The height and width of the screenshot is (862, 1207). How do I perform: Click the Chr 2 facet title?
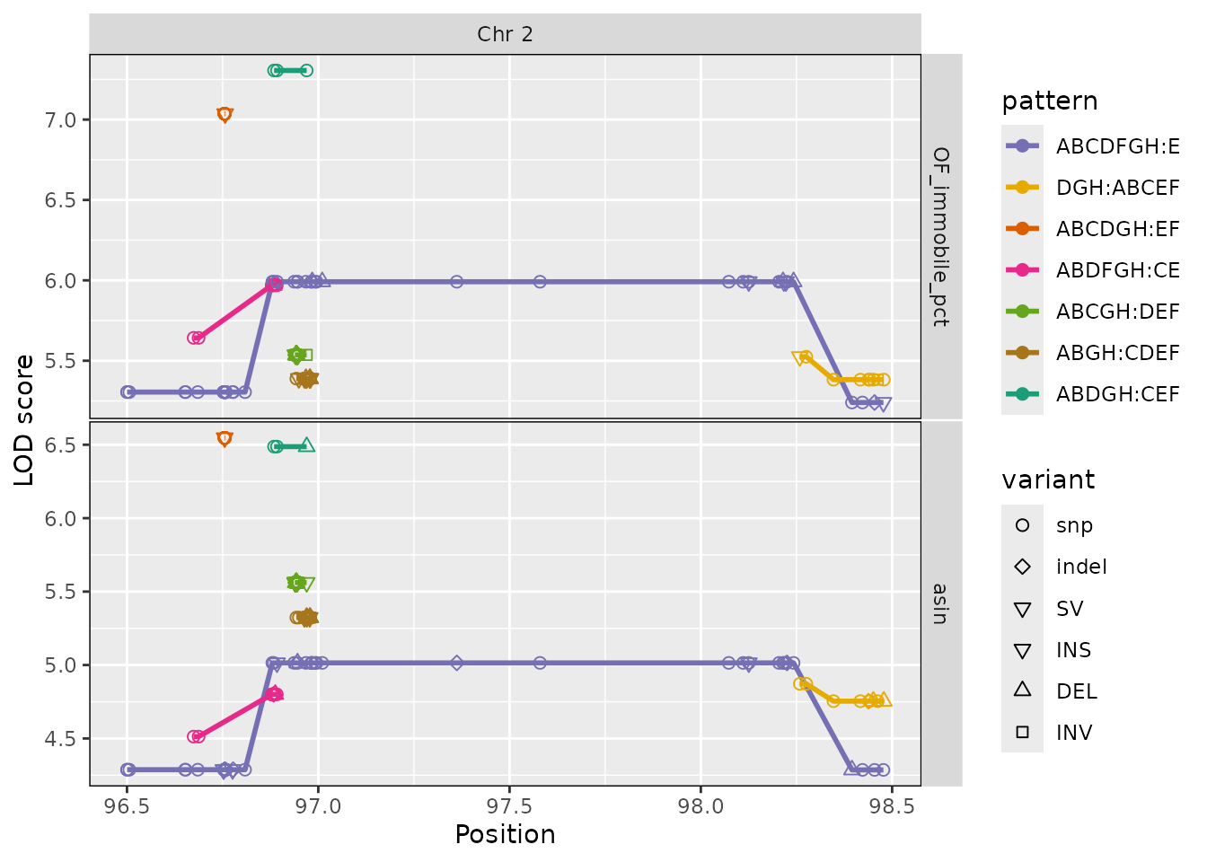pos(505,34)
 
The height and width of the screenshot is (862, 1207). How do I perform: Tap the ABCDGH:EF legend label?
pos(1117,229)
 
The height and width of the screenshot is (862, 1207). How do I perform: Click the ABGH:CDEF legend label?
pos(1117,353)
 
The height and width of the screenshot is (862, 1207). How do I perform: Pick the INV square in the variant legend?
pos(1022,732)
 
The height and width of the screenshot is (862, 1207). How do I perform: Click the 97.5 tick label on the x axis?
pos(509,806)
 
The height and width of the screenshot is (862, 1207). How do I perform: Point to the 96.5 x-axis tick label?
pos(127,806)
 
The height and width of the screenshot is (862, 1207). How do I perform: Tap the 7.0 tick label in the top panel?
pos(60,120)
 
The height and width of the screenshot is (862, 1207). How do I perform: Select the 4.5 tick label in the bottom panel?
pos(60,739)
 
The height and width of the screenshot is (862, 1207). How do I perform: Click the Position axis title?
pos(505,834)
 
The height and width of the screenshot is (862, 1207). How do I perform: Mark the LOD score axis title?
pos(23,420)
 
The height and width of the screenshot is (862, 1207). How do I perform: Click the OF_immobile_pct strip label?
pos(941,236)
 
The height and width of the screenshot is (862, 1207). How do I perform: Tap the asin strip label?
pos(940,604)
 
